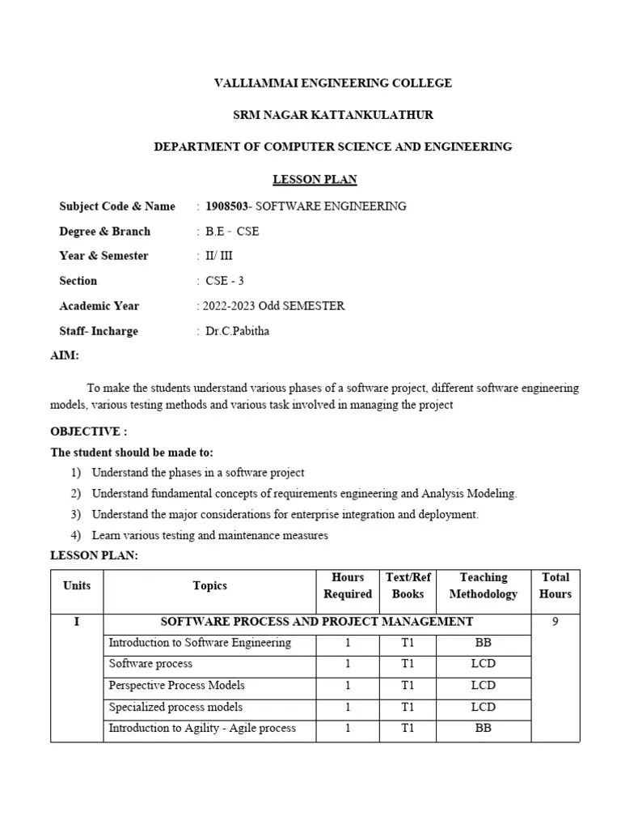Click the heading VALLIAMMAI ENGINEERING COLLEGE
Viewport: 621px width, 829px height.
[332, 83]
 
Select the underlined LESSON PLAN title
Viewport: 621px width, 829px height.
[315, 179]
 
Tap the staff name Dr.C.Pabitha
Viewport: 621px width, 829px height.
[240, 331]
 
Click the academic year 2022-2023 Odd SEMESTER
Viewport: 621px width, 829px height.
[271, 306]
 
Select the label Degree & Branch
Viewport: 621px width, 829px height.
[104, 232]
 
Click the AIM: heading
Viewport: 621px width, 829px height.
[65, 355]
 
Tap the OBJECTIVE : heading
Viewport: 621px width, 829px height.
[89, 432]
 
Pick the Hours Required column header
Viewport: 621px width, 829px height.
[348, 585]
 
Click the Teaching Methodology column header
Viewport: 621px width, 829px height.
[484, 585]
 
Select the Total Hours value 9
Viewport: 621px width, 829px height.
[556, 622]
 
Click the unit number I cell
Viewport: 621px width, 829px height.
[77, 622]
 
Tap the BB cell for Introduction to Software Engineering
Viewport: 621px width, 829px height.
[484, 644]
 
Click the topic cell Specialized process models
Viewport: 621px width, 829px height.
[175, 707]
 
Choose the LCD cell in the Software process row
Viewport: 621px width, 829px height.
[484, 664]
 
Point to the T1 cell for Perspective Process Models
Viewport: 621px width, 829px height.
[408, 686]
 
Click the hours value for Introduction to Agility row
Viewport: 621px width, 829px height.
[348, 728]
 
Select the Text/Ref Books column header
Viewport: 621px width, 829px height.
[408, 585]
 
